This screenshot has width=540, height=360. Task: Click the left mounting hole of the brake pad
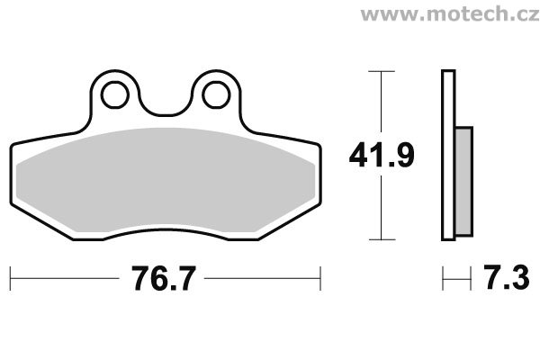tap(115, 94)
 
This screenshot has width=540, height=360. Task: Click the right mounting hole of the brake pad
tap(216, 94)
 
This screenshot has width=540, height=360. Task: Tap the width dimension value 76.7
tap(164, 278)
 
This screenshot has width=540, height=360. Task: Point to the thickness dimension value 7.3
tap(506, 276)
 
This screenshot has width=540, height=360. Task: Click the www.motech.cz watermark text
tap(450, 14)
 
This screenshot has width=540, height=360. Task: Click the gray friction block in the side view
tap(463, 182)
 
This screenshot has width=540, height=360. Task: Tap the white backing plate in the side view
tap(448, 155)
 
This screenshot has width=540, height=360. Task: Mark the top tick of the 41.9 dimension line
tap(382, 71)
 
